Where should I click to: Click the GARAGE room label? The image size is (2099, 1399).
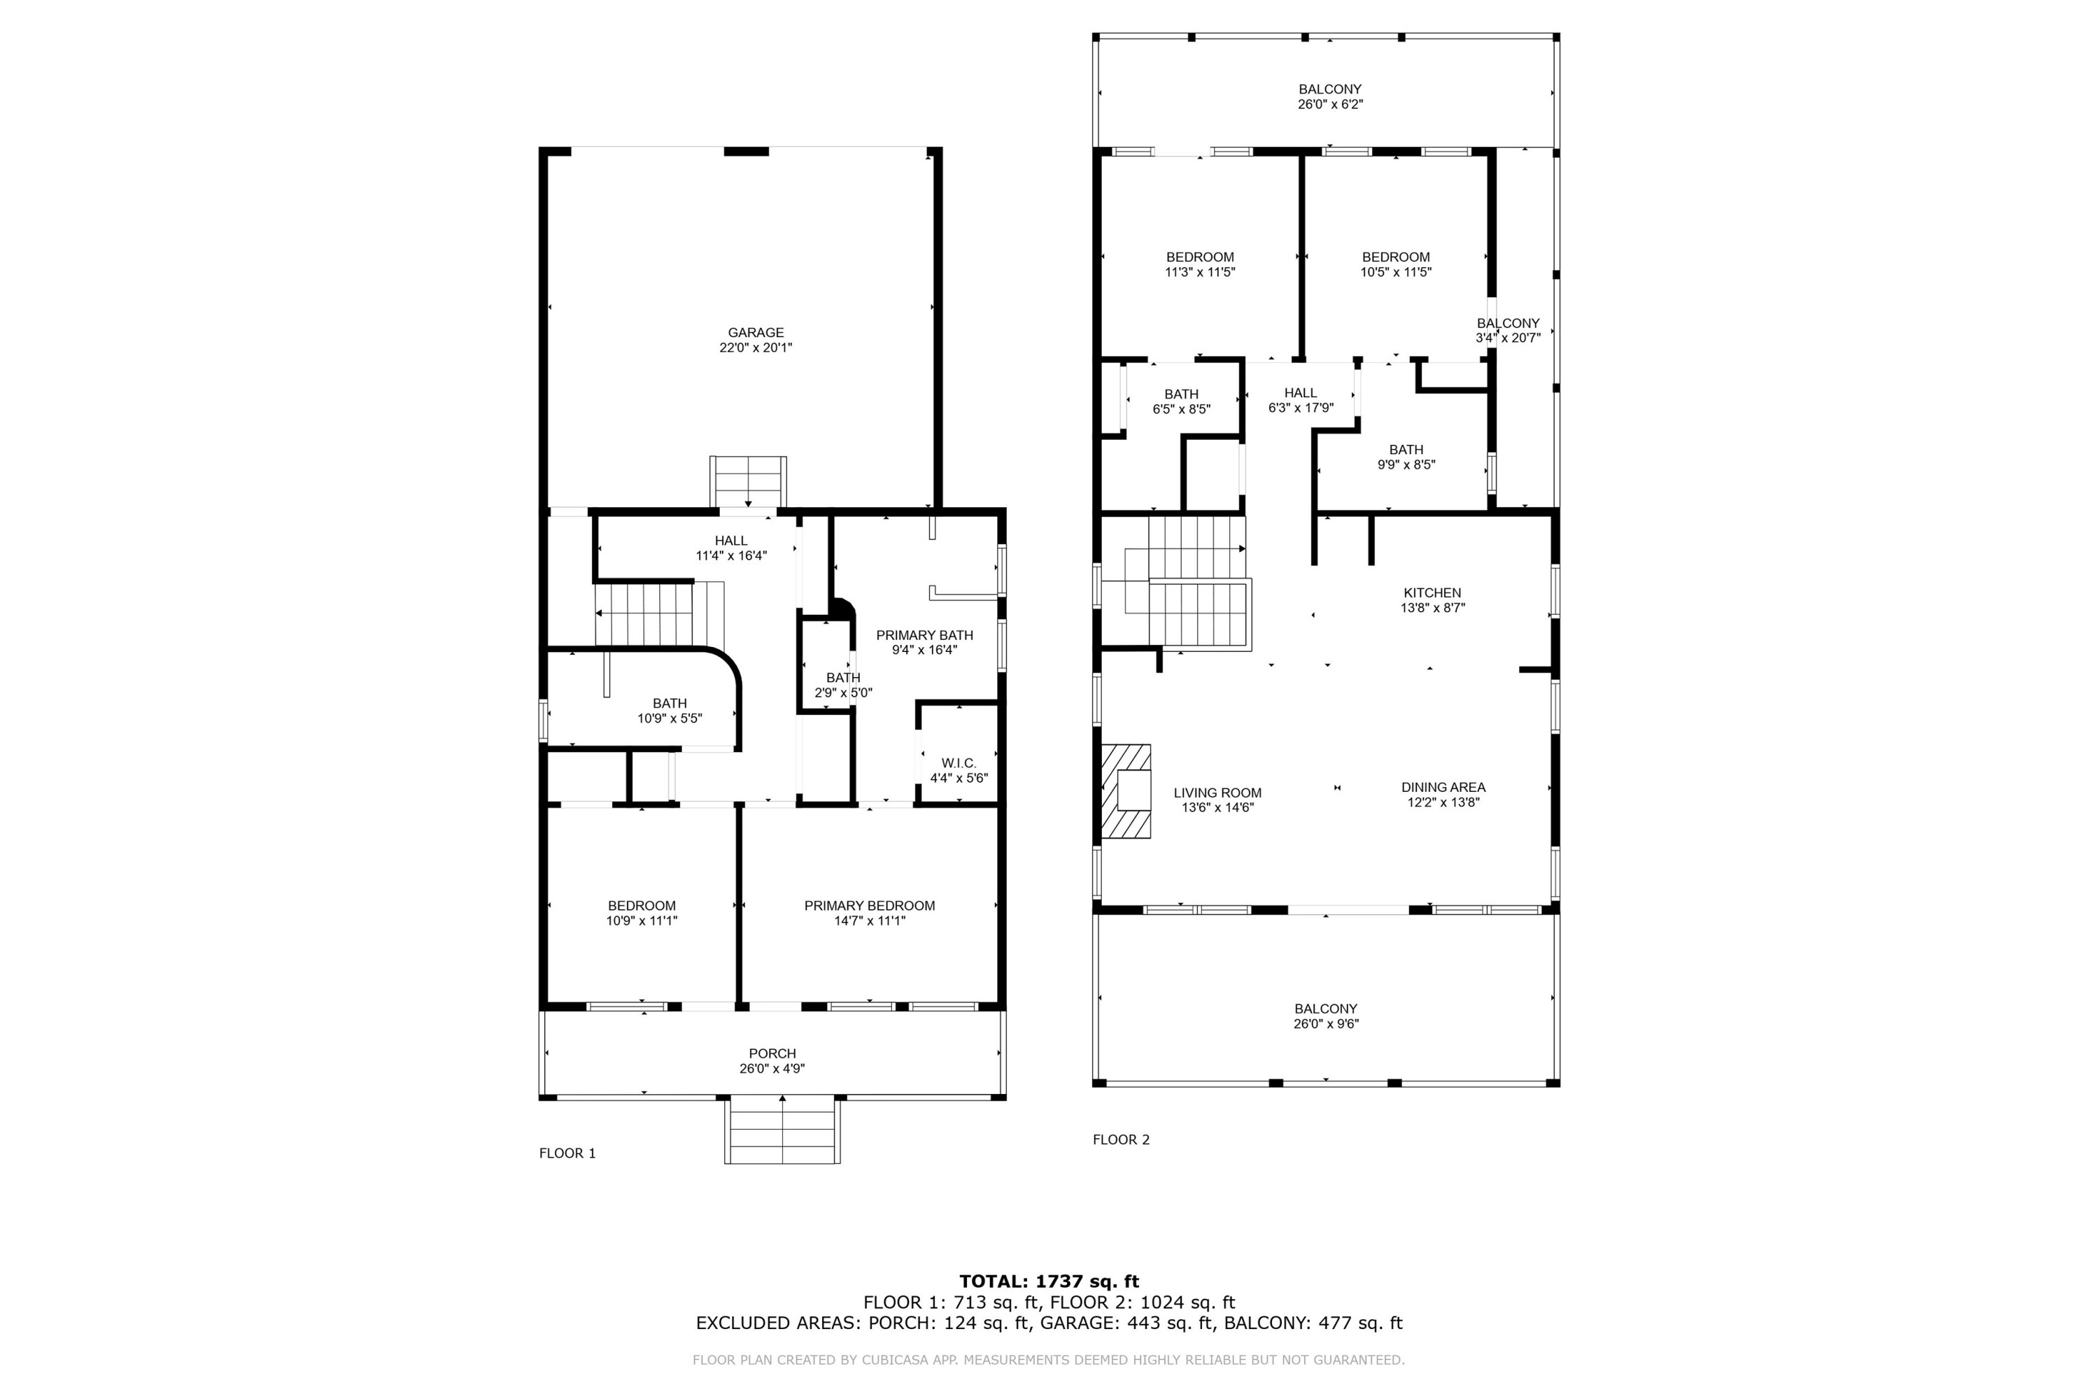pyautogui.click(x=755, y=333)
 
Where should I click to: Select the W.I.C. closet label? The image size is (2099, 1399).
pyautogui.click(x=959, y=763)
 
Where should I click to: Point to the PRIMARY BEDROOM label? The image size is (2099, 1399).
pyautogui.click(x=869, y=906)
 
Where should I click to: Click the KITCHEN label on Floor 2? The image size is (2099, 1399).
pyautogui.click(x=1432, y=592)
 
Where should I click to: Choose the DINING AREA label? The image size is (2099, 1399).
pyautogui.click(x=1442, y=787)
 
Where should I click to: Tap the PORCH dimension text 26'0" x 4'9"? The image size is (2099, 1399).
pyautogui.click(x=771, y=1069)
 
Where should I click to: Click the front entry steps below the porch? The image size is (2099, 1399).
pyautogui.click(x=782, y=1130)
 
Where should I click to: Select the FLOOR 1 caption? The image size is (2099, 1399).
pyautogui.click(x=567, y=1153)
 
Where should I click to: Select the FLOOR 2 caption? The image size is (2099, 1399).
pyautogui.click(x=1121, y=1139)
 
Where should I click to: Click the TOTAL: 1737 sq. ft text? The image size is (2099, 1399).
pyautogui.click(x=1049, y=1282)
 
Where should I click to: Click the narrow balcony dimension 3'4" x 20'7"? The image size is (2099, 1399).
pyautogui.click(x=1508, y=338)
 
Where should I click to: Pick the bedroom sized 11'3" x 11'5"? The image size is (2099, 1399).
pyautogui.click(x=1199, y=264)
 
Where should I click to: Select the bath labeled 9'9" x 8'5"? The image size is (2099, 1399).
pyautogui.click(x=1406, y=457)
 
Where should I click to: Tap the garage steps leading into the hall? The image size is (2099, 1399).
pyautogui.click(x=748, y=481)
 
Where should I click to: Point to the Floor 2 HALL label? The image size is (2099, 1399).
pyautogui.click(x=1300, y=392)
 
